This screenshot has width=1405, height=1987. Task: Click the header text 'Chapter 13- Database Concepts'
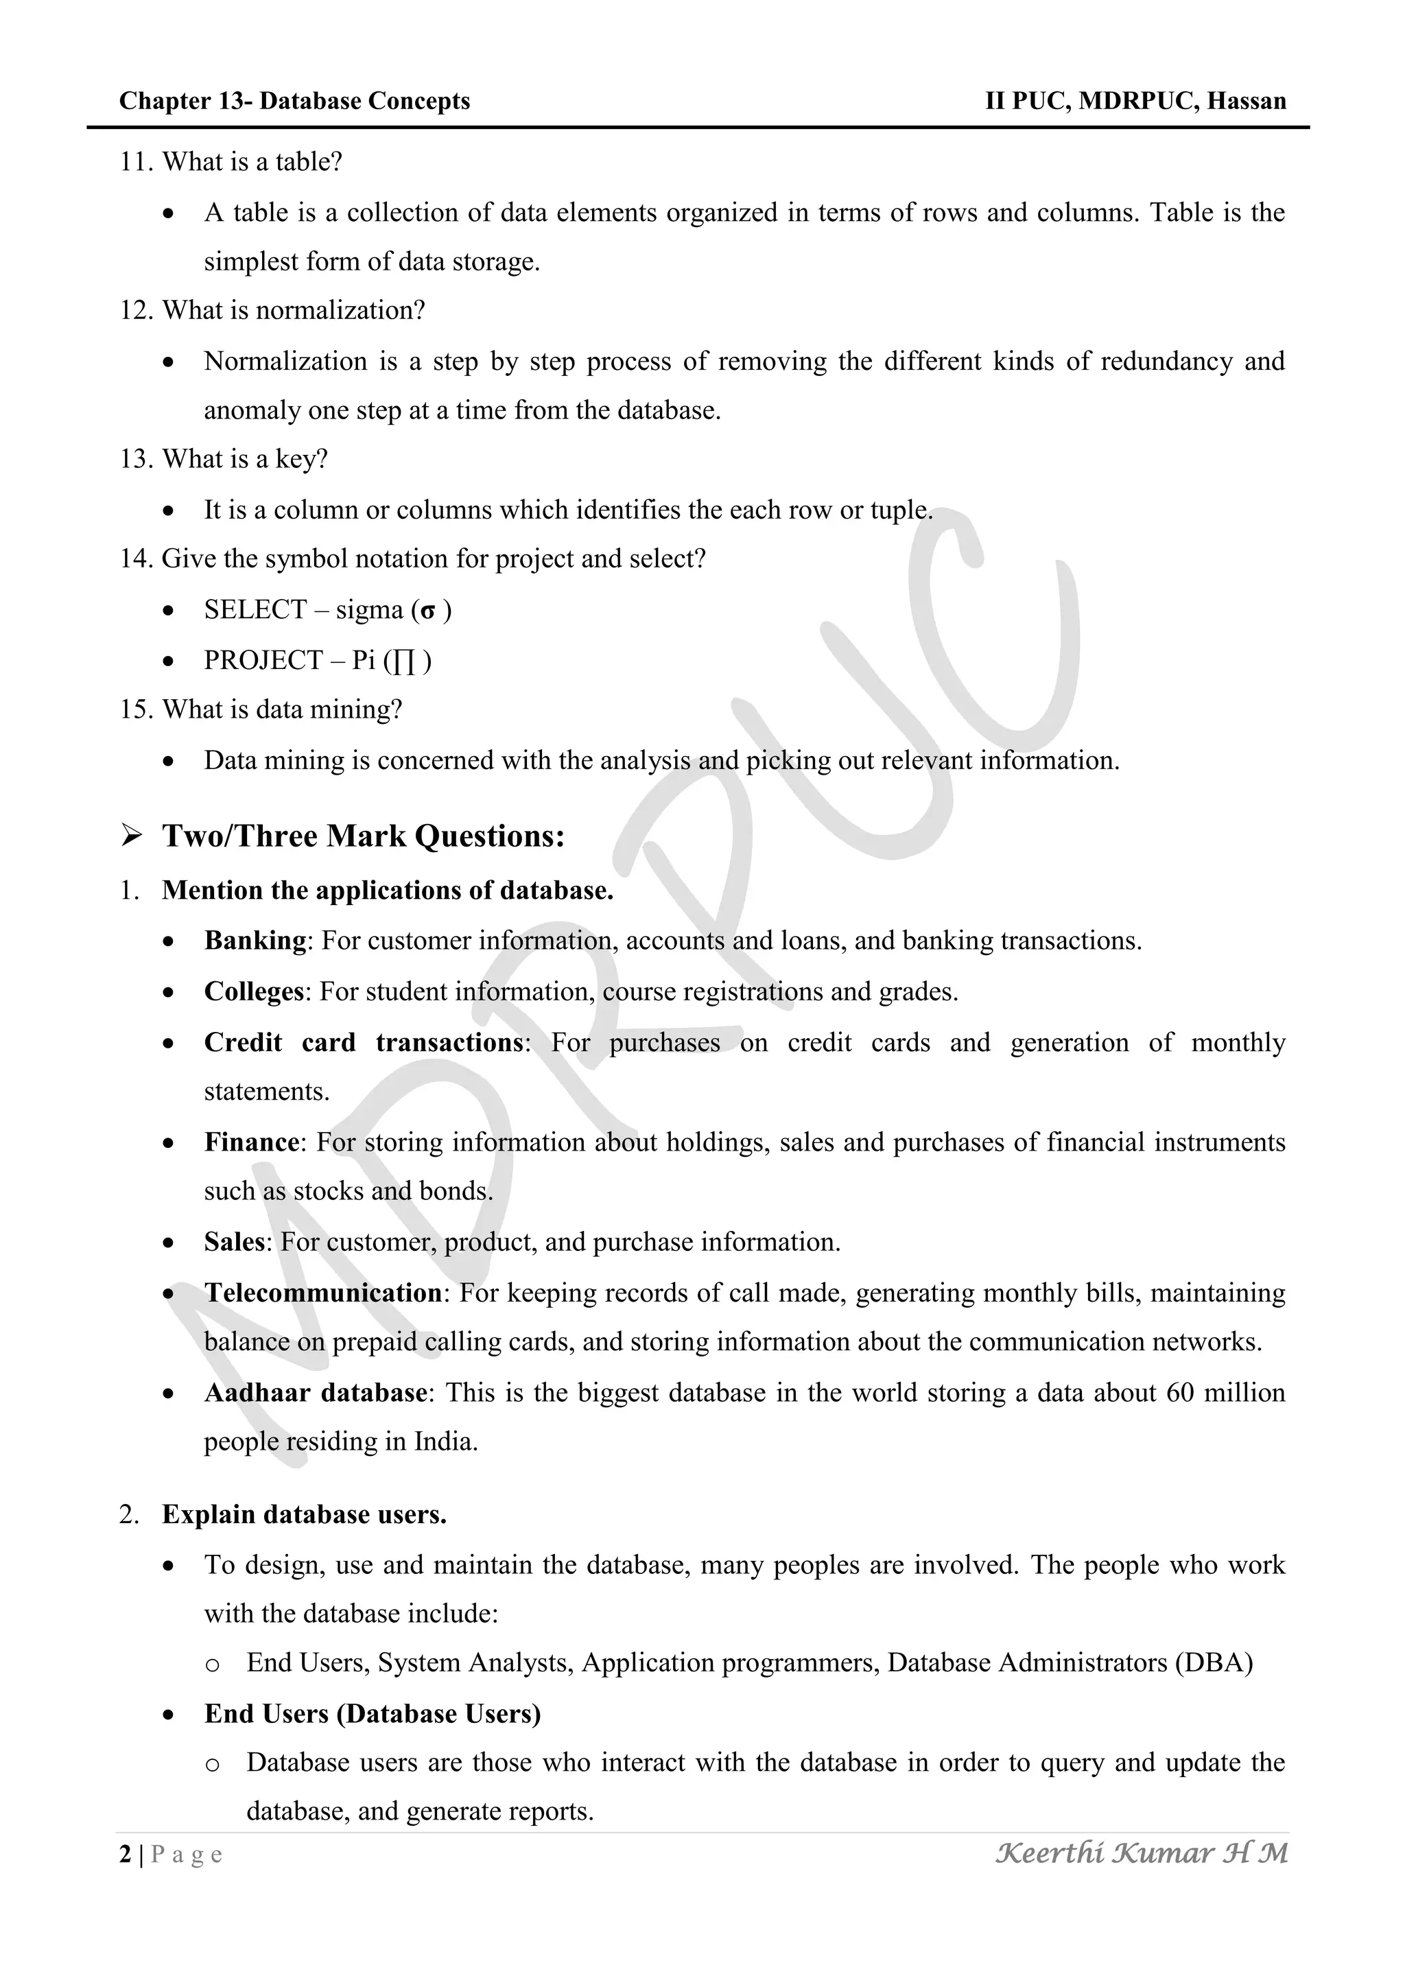coord(294,102)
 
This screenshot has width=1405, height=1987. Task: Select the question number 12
coord(135,311)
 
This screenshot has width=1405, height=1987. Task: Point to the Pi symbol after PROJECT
coord(403,662)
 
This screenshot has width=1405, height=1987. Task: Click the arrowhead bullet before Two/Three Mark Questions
coord(132,836)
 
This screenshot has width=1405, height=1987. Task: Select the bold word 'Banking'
coord(255,941)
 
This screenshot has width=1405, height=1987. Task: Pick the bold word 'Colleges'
coord(253,991)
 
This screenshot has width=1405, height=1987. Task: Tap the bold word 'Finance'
coord(251,1142)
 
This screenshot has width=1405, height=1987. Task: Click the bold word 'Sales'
coord(233,1243)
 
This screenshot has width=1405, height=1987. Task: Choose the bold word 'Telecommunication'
coord(322,1293)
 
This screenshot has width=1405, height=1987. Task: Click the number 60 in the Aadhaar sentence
coord(1180,1394)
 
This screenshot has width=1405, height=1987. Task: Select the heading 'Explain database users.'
coord(304,1516)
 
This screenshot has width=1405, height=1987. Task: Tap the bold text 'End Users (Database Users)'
coord(372,1715)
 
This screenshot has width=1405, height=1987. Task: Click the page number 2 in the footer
coord(126,1855)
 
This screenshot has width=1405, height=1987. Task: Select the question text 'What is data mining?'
coord(282,709)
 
